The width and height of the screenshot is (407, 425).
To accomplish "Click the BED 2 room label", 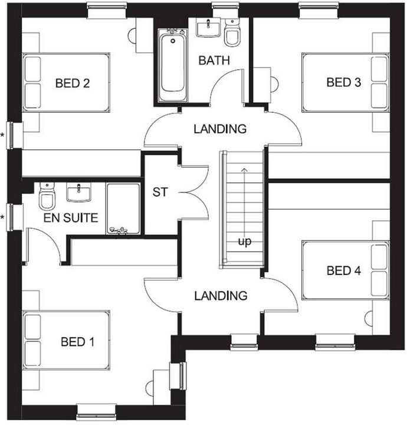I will pos(72,83).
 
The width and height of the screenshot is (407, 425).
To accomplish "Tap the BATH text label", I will pos(214,60).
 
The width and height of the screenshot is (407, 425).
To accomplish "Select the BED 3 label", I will pos(343,82).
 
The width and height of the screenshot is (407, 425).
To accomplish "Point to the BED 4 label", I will pos(343,271).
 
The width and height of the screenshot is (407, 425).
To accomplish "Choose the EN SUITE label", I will pos(70,218).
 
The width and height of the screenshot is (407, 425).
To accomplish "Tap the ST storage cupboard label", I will pos(160,192).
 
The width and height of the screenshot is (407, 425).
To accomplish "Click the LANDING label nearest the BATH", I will pos(220,129).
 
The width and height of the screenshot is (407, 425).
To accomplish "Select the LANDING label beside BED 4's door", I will pos(221,296).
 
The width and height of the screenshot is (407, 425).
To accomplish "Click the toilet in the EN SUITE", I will pos(46,197).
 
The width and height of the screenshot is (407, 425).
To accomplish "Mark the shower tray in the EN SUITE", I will pos(123,209).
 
